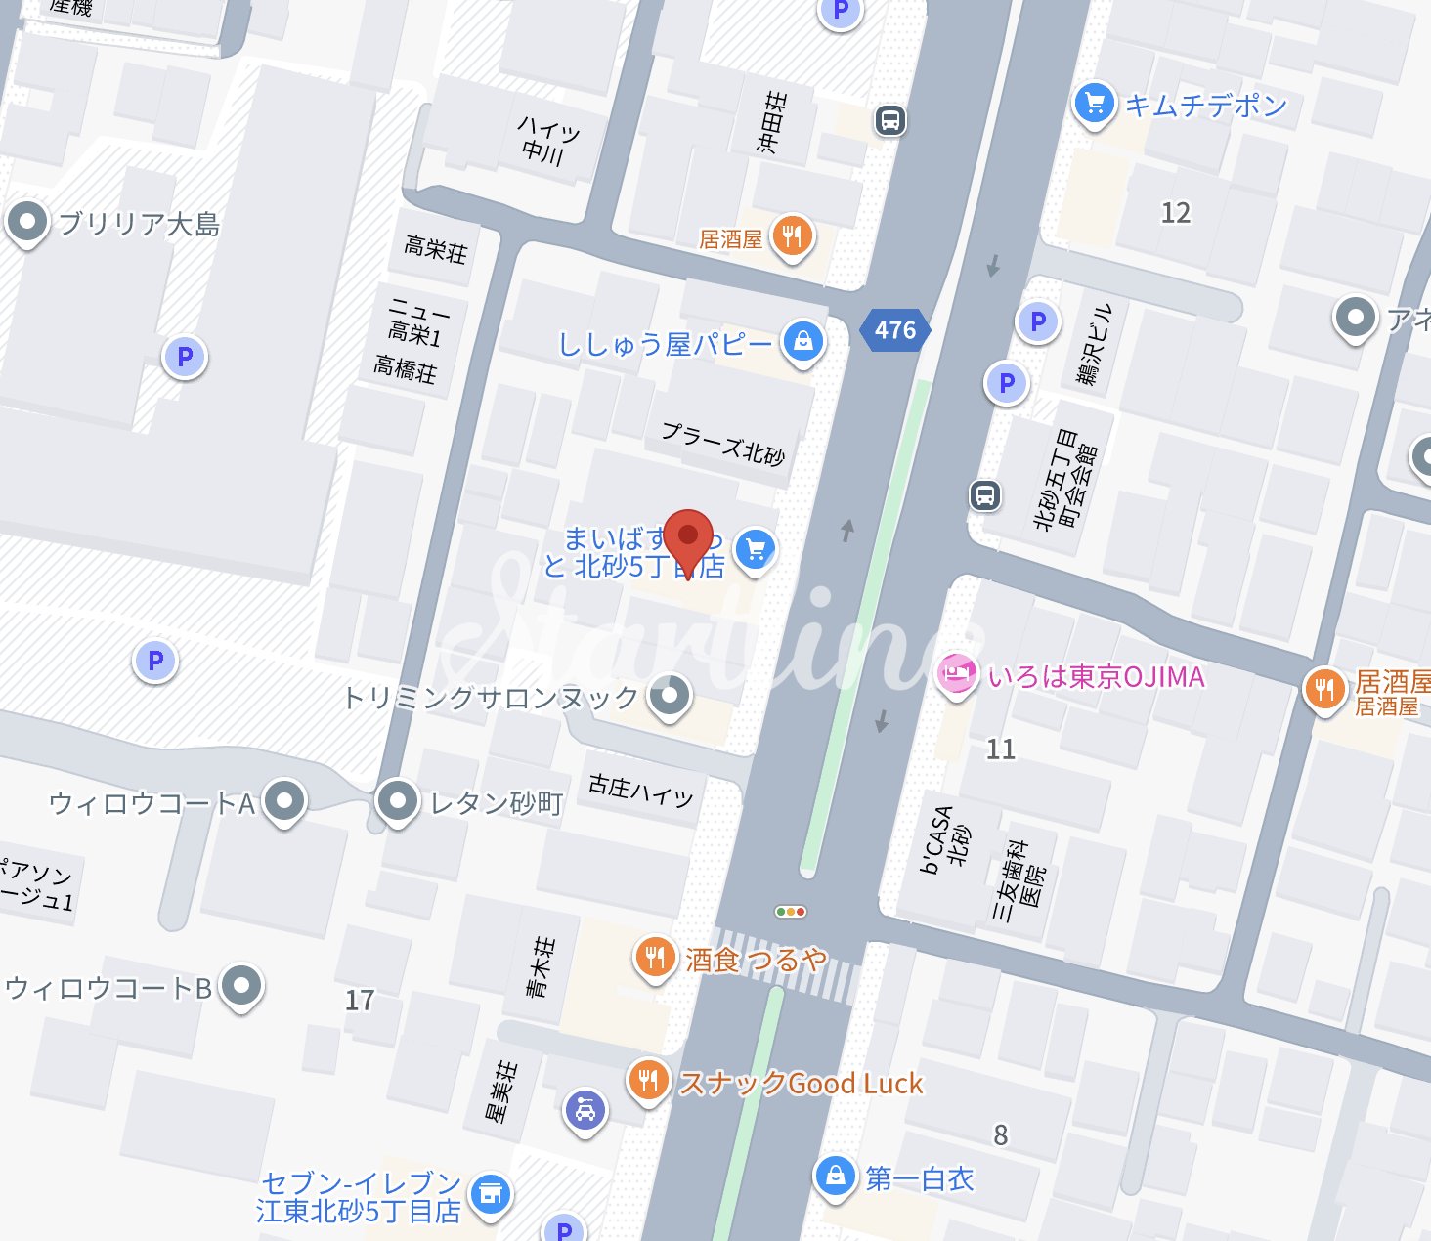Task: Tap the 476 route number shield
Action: click(x=895, y=330)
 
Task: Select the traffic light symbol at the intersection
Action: click(x=790, y=912)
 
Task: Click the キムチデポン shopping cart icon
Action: click(x=1095, y=103)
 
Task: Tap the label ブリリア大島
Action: click(x=139, y=225)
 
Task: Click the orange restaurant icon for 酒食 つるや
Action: click(x=655, y=958)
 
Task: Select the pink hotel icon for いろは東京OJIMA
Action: click(x=957, y=674)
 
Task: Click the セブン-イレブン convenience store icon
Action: click(x=490, y=1194)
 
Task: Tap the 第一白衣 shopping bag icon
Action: click(x=836, y=1176)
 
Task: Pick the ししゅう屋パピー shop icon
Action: click(x=802, y=341)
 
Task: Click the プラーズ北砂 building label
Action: click(x=723, y=443)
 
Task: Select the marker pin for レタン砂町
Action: click(x=397, y=801)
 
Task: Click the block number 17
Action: click(x=360, y=1001)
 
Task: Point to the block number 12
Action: click(x=1175, y=213)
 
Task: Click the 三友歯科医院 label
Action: click(x=1019, y=879)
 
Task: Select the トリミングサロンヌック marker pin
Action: click(x=670, y=696)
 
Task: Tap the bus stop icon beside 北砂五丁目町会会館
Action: click(x=985, y=495)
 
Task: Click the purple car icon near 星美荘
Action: click(x=585, y=1110)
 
